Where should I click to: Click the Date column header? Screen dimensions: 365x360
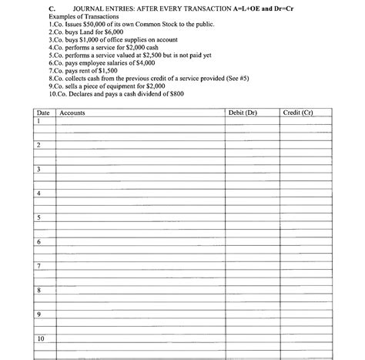[44, 113]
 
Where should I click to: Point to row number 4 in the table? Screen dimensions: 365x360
[39, 193]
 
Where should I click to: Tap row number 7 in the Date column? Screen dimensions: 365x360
[39, 266]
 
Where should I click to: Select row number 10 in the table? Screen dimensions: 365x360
[41, 338]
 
